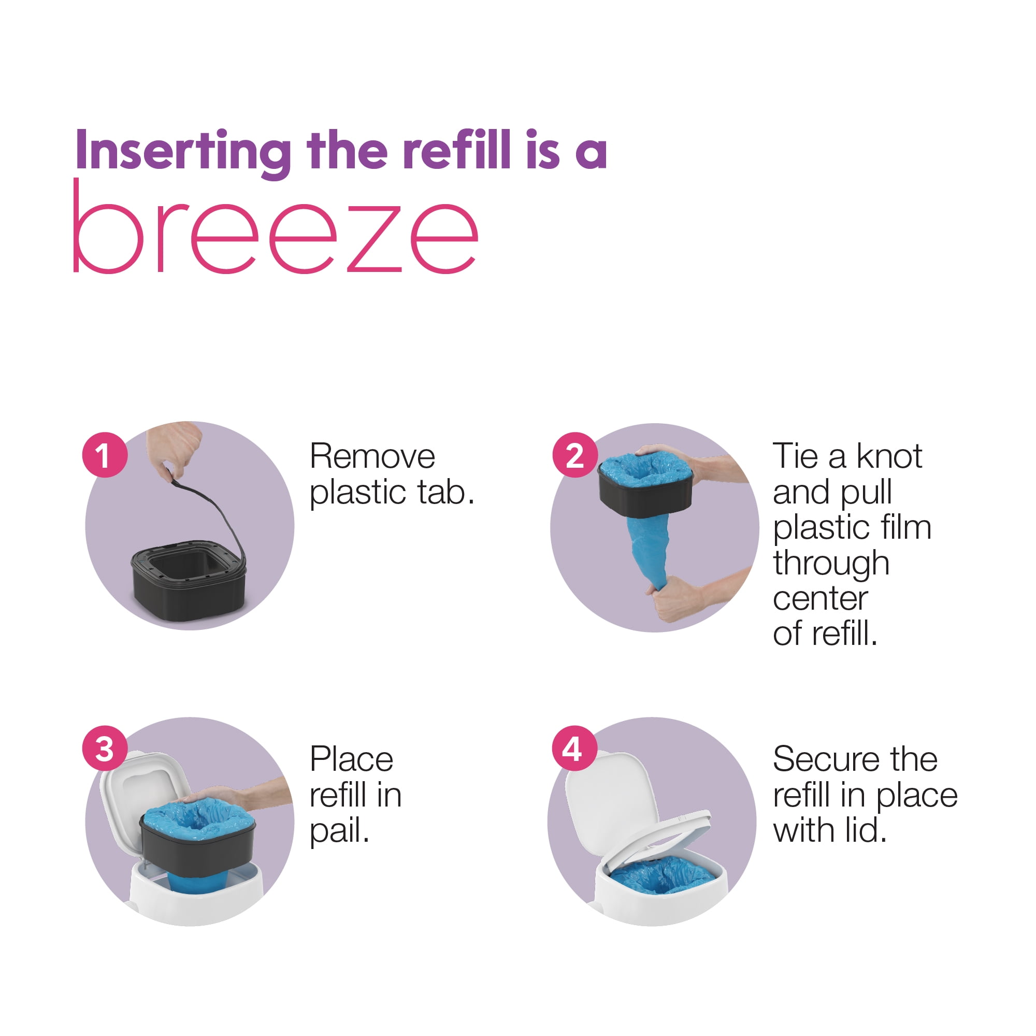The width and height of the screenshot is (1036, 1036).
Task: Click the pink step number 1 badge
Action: (105, 455)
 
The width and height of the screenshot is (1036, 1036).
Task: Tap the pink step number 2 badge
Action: (575, 455)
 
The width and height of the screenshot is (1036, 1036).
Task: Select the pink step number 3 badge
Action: (105, 748)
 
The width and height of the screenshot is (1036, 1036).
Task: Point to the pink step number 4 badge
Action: (575, 748)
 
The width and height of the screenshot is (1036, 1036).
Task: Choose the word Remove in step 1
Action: (372, 457)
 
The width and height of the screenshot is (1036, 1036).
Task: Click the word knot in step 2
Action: (889, 456)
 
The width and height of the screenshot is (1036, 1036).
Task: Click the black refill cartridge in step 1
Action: (189, 581)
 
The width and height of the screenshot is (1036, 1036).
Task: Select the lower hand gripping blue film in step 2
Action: (697, 595)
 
